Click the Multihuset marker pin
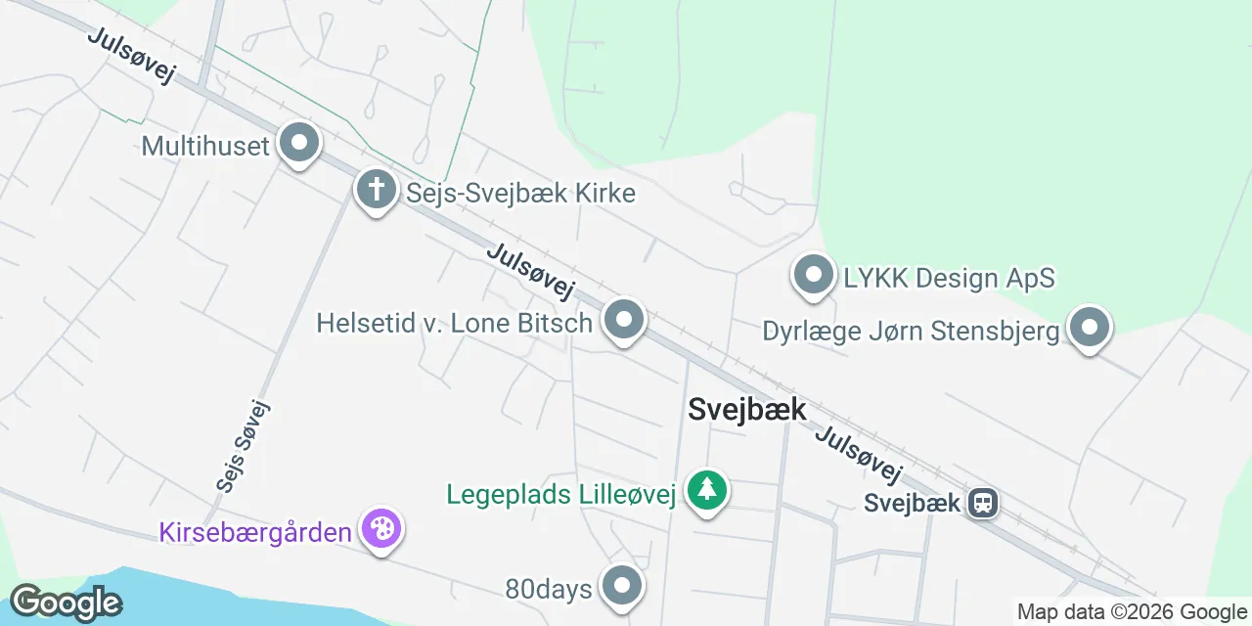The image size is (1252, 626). tap(299, 144)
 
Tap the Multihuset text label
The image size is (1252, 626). tap(205, 147)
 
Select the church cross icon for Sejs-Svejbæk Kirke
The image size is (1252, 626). tap(376, 189)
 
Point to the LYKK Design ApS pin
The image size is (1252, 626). tap(813, 275)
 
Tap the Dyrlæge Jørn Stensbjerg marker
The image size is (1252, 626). tap(1090, 329)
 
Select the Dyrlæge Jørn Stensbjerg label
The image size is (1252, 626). tap(912, 332)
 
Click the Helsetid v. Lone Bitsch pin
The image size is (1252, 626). tap(624, 320)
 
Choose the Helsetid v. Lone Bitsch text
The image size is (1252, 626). tap(455, 323)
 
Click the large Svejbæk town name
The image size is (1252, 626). tap(747, 409)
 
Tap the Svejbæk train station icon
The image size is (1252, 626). tap(982, 503)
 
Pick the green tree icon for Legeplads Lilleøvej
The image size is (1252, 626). tap(705, 489)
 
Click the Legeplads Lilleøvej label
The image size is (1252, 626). tap(561, 495)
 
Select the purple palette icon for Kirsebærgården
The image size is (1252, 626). tap(380, 529)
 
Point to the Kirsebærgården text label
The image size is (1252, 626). tap(255, 533)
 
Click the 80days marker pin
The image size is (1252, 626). tap(621, 586)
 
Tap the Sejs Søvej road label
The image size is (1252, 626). tap(242, 445)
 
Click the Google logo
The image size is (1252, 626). tap(66, 603)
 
